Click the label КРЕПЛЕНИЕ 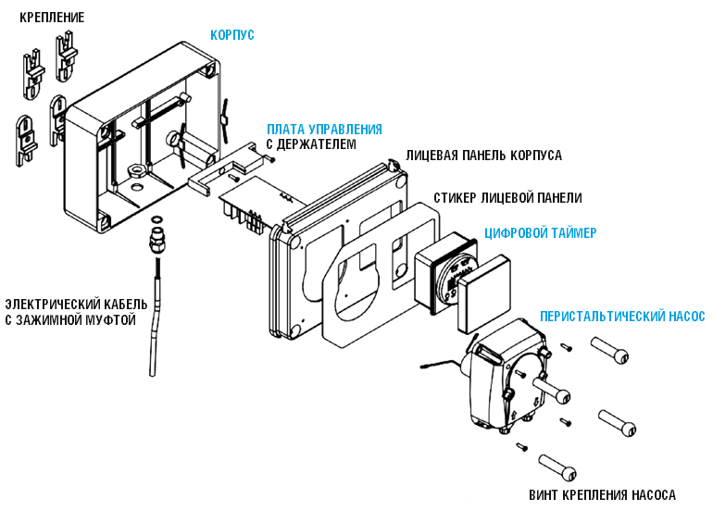(x=52, y=18)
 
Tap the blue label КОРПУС (x=231, y=35)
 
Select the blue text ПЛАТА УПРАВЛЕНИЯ (x=324, y=129)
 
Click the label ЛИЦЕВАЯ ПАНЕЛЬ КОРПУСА (x=483, y=156)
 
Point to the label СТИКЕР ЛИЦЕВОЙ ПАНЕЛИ (x=507, y=198)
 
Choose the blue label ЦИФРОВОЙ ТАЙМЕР (x=541, y=232)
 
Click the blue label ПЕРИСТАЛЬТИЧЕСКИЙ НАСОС (x=622, y=317)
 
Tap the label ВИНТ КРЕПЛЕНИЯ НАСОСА (x=602, y=494)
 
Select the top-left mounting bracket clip (x=32, y=70)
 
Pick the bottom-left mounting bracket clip (x=25, y=140)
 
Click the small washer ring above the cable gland (x=156, y=219)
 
